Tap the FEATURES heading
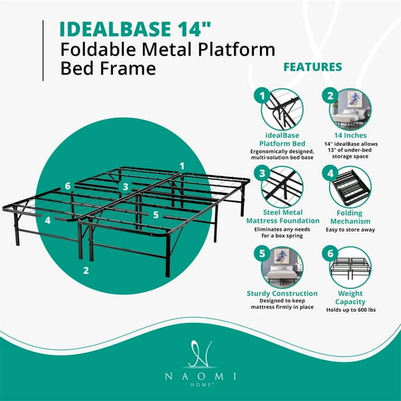[x=313, y=67]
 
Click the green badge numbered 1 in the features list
[x=261, y=96]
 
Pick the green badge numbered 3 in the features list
[x=261, y=172]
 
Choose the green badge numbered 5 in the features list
[x=261, y=253]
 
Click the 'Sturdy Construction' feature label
[x=281, y=293]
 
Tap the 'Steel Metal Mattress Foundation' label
[x=281, y=216]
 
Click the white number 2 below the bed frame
[x=86, y=270]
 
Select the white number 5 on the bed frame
[x=156, y=215]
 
